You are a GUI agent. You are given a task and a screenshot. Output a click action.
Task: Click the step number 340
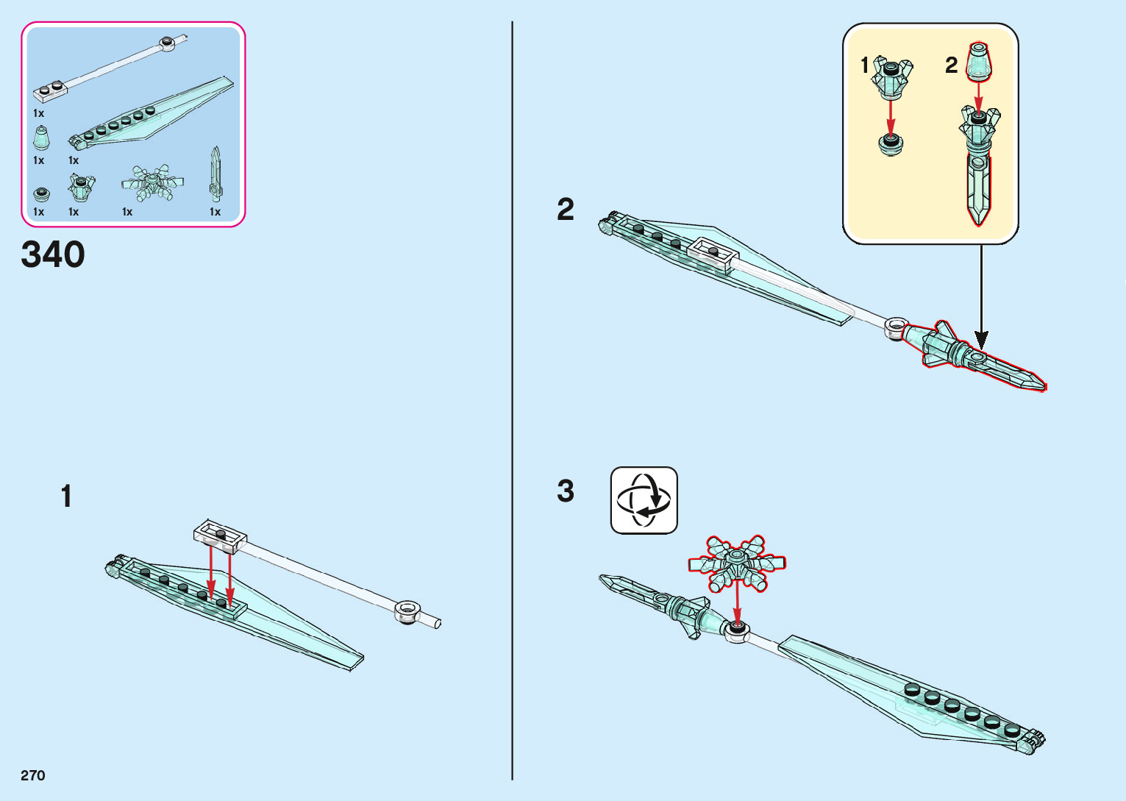pos(53,254)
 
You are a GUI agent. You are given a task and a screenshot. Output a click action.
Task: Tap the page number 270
pos(33,775)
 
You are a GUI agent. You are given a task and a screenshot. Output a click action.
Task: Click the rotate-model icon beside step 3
pos(644,500)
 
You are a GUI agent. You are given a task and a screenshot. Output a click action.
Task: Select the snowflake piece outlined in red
pos(736,563)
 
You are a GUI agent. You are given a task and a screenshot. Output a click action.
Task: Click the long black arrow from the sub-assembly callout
pos(980,294)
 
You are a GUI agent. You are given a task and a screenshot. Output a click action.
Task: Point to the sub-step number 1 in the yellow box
pos(865,65)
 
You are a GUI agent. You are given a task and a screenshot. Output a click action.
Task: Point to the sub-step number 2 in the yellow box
pos(951,65)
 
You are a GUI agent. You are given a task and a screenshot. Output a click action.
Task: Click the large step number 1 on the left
pos(67,496)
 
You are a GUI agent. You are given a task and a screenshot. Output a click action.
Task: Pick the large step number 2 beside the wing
pos(565,210)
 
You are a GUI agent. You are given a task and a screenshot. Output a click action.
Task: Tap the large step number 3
pos(565,491)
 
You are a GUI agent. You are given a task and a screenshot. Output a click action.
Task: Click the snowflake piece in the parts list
pos(152,184)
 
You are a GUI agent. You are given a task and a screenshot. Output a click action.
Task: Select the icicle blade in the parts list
pos(215,174)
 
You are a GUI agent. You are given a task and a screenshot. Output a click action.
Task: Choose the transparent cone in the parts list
pos(41,138)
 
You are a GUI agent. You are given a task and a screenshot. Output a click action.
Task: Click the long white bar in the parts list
pos(110,64)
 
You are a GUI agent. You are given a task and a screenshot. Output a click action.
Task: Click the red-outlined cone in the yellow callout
pos(978,61)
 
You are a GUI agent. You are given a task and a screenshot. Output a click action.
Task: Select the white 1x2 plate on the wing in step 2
pos(712,254)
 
